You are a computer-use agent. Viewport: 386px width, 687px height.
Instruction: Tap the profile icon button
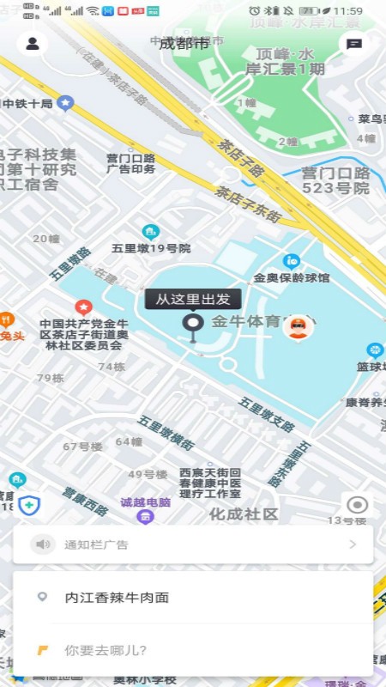tap(33, 44)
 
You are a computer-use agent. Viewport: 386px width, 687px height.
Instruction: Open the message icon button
tap(353, 45)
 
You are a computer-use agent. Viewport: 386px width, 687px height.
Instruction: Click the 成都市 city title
tap(184, 44)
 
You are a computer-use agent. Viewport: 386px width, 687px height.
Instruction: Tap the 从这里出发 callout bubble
tap(193, 299)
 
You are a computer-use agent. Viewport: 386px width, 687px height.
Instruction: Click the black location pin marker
tap(194, 325)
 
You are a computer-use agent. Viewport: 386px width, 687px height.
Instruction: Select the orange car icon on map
tap(297, 326)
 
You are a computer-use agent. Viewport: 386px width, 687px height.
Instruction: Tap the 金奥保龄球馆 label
tap(292, 277)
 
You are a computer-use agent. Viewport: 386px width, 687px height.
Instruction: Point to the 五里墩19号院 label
tap(151, 248)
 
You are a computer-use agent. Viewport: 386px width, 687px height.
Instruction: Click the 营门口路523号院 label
tap(335, 180)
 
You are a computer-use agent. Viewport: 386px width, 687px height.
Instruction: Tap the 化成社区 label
tap(244, 514)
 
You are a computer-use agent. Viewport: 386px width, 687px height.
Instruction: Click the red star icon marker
tap(83, 306)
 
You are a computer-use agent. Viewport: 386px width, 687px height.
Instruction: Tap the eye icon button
tap(357, 505)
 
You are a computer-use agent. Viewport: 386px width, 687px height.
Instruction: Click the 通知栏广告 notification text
tap(97, 544)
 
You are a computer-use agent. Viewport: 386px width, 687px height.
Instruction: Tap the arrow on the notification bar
tap(352, 544)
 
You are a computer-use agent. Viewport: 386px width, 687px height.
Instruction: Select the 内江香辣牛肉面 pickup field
tap(117, 598)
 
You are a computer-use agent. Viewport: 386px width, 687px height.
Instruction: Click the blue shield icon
tap(30, 504)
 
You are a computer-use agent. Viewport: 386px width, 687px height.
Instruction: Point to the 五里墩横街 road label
tap(166, 433)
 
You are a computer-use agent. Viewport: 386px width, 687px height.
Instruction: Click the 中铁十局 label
tap(28, 104)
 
